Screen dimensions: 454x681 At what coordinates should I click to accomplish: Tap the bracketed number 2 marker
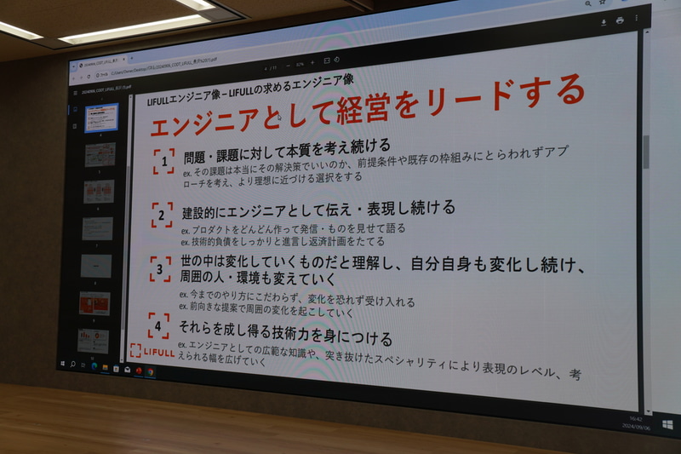tap(162, 215)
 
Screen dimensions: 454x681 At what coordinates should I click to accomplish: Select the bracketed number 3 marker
tap(160, 269)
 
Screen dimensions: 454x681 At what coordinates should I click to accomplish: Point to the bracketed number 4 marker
tap(158, 325)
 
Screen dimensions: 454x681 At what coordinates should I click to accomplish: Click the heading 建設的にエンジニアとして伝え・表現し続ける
tap(318, 207)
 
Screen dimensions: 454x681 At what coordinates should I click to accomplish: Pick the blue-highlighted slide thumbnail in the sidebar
tap(101, 118)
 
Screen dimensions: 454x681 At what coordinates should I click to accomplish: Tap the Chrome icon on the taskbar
tap(151, 371)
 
